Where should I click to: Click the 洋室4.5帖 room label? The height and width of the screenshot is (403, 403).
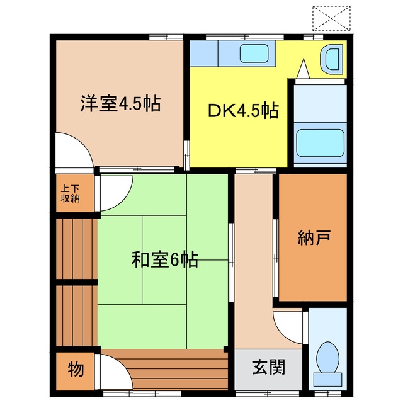pyautogui.click(x=120, y=103)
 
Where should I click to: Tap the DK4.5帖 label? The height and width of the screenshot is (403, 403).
pyautogui.click(x=243, y=111)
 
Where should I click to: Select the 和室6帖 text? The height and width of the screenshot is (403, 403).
pyautogui.click(x=164, y=259)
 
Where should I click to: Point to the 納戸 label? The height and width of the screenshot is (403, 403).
pyautogui.click(x=314, y=237)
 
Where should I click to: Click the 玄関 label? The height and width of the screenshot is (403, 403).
pyautogui.click(x=269, y=367)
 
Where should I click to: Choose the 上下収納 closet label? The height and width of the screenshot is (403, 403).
pyautogui.click(x=70, y=193)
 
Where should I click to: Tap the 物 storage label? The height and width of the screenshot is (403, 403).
pyautogui.click(x=76, y=369)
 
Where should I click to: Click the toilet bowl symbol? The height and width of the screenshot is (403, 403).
pyautogui.click(x=327, y=357)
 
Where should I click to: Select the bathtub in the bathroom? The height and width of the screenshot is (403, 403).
pyautogui.click(x=321, y=143)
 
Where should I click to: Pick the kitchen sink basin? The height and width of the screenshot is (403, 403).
pyautogui.click(x=254, y=53)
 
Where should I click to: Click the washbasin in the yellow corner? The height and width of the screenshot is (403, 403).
pyautogui.click(x=332, y=59)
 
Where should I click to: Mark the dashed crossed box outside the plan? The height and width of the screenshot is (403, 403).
pyautogui.click(x=332, y=18)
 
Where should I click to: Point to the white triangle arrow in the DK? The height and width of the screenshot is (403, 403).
pyautogui.click(x=304, y=69)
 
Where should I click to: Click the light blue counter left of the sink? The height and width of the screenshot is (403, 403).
pyautogui.click(x=204, y=53)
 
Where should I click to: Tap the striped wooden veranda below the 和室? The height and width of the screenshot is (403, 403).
pyautogui.click(x=164, y=370)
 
